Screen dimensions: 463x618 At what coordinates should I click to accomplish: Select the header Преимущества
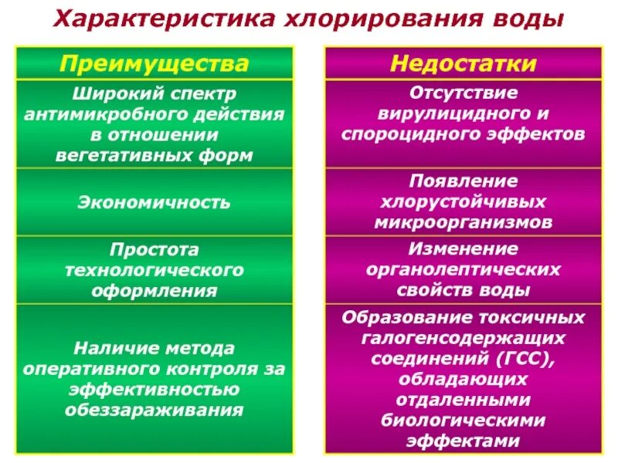pos(154,63)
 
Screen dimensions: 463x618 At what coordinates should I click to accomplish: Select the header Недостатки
pos(463,63)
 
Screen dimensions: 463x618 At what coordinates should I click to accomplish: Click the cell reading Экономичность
pos(154,203)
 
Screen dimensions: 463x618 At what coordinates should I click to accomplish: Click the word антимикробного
pos(106,114)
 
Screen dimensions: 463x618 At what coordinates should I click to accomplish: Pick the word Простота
pos(154,250)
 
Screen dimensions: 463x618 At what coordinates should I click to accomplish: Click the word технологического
pos(154,270)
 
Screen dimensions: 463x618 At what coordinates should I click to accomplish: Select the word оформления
pos(154,291)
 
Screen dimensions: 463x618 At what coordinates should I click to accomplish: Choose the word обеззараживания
pos(154,410)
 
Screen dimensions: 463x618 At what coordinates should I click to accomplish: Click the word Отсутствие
pos(463,93)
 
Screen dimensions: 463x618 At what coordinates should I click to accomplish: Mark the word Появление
pos(463,181)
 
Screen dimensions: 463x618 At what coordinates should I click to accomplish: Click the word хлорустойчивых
pos(463,202)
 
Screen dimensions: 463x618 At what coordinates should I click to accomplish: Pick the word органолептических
pos(463,270)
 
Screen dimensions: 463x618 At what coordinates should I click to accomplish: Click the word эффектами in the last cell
pos(463,441)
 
